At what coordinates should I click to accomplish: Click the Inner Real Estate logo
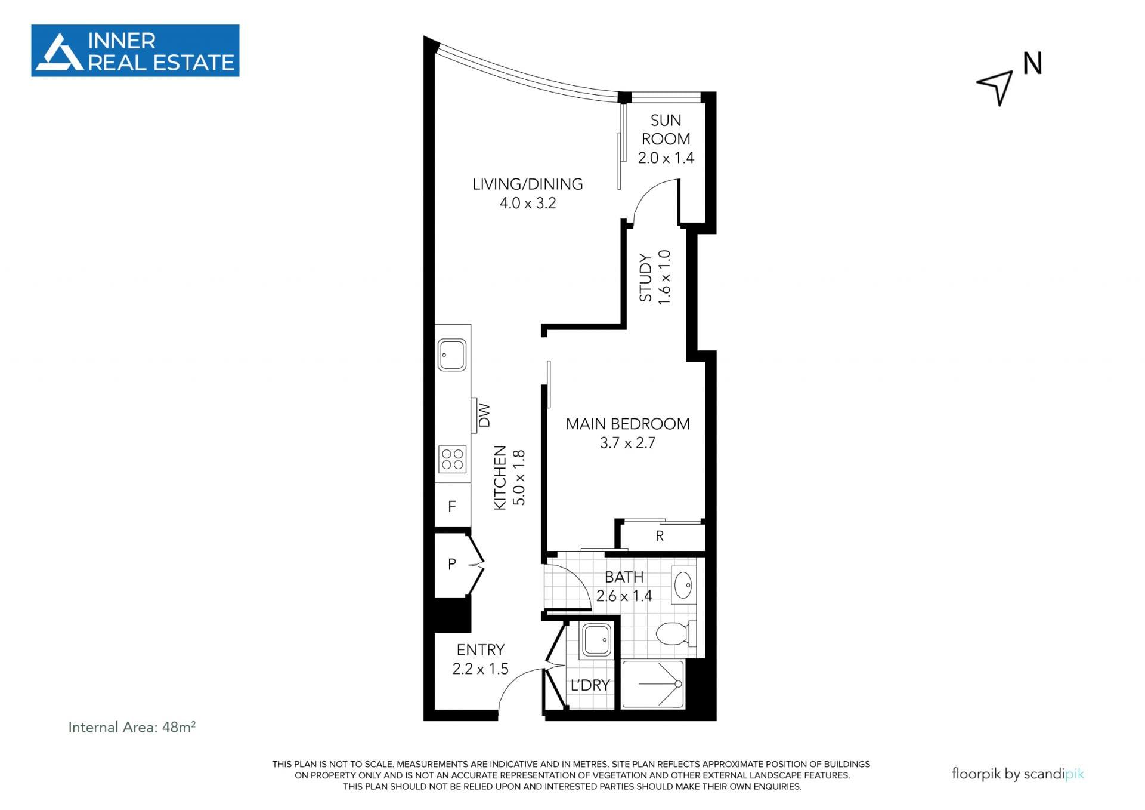tap(135, 51)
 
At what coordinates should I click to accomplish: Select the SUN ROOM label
tap(666, 130)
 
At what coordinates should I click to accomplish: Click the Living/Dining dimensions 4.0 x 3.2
tap(528, 203)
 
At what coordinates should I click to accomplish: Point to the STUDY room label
tap(646, 278)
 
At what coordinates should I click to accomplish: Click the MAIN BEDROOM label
tap(627, 424)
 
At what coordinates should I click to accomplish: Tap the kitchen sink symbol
tap(452, 355)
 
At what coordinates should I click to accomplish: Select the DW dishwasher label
tap(484, 415)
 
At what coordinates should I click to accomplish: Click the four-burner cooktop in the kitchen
tap(452, 459)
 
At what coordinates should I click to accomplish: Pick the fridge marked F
tap(453, 506)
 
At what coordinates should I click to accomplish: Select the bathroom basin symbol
tap(683, 583)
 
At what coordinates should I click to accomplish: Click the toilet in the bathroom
tap(676, 634)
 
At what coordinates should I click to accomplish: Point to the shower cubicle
tap(653, 684)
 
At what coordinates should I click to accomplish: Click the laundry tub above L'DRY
tap(596, 639)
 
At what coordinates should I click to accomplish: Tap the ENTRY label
tap(481, 649)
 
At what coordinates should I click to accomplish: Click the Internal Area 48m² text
tap(132, 727)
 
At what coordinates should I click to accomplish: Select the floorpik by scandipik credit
tap(1017, 774)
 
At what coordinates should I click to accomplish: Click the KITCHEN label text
tap(500, 478)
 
